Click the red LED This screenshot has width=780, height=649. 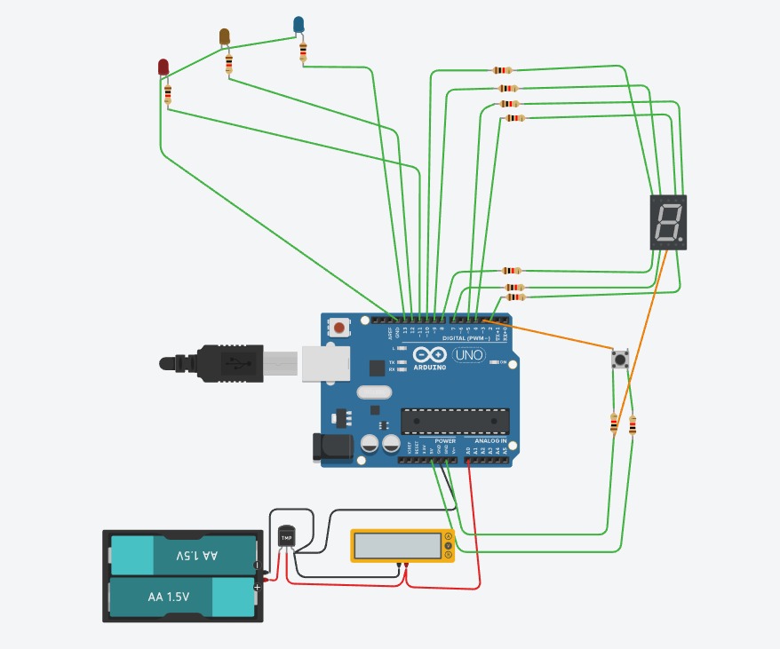(163, 67)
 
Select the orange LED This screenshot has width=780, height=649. (225, 36)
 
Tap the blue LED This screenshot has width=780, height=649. (299, 25)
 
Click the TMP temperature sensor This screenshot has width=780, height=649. (286, 537)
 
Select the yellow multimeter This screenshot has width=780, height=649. (402, 545)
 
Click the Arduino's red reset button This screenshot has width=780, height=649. (338, 328)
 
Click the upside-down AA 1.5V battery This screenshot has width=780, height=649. (183, 555)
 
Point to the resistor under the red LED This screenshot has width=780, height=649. (167, 93)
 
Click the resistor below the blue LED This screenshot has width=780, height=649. (304, 52)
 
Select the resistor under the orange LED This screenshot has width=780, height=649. (229, 63)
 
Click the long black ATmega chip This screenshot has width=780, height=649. (455, 423)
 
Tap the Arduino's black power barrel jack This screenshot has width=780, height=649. (330, 447)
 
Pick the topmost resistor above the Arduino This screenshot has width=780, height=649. (502, 70)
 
